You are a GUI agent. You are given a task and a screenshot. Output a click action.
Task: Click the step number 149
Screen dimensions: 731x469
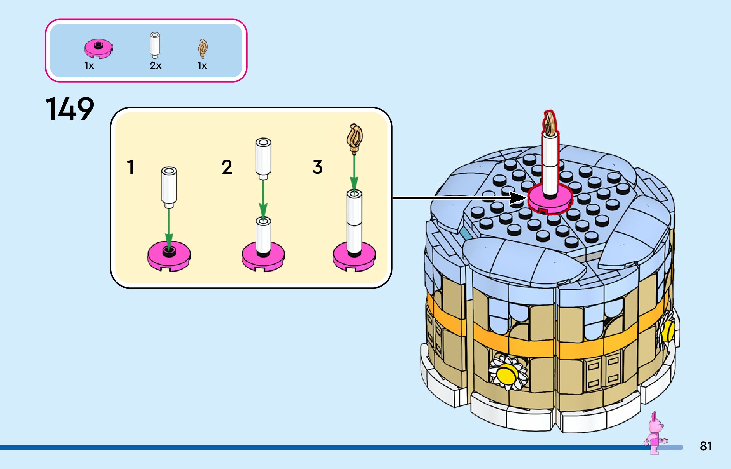coord(70,109)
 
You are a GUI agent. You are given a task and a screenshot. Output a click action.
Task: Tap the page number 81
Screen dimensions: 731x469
coord(706,446)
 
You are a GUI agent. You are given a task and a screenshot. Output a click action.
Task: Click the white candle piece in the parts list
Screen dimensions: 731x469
coord(155,45)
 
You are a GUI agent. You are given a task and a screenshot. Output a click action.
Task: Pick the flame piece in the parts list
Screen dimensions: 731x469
coord(203,49)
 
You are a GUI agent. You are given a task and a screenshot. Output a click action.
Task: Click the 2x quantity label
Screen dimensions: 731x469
coord(156,65)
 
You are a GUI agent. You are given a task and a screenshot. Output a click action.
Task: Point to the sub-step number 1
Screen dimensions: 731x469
coord(130,167)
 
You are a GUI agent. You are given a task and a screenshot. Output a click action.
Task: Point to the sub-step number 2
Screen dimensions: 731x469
coord(227,167)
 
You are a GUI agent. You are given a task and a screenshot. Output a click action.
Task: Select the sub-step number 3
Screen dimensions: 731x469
coord(317,167)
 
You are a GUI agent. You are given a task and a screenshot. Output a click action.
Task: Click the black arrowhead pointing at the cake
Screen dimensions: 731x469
coord(517,198)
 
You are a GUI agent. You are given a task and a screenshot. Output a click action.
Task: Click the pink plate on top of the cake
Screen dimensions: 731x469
coord(550,202)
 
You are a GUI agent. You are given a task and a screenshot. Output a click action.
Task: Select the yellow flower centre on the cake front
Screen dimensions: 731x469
coord(507,374)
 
